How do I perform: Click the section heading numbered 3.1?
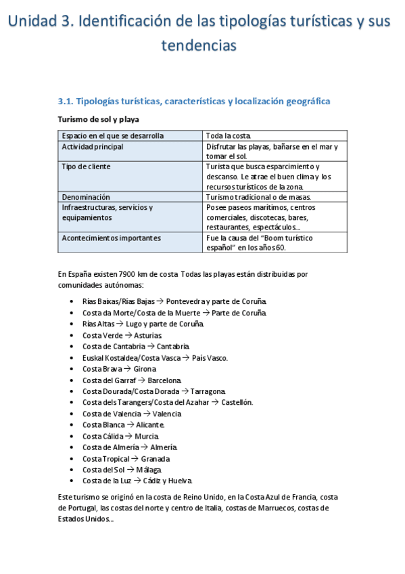[x=194, y=102]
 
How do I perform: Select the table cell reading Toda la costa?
[x=229, y=135]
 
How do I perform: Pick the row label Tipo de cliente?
[x=86, y=166]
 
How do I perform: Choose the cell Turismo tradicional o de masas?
[x=258, y=196]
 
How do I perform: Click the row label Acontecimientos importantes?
[x=112, y=238]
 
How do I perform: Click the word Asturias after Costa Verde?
[x=148, y=335]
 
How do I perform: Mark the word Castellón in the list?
[x=237, y=402]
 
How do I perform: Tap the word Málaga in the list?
[x=149, y=470]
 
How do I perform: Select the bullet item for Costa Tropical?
[x=126, y=458]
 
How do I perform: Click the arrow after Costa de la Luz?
[x=137, y=481]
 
